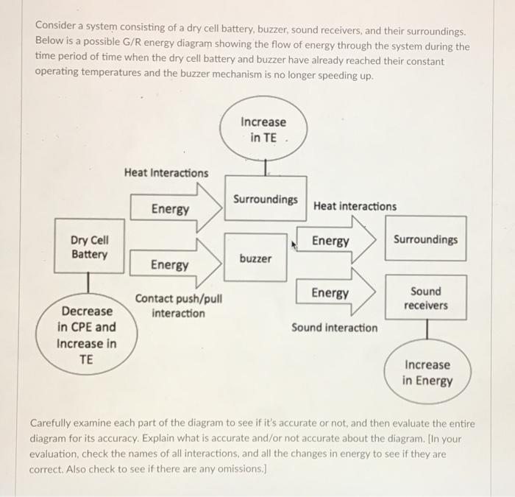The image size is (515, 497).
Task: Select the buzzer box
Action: click(x=255, y=258)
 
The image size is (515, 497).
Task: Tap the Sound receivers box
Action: click(x=426, y=298)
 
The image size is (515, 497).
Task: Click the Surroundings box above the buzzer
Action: click(x=266, y=199)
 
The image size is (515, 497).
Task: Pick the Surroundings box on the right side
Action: click(x=425, y=239)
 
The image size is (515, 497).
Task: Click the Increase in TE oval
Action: click(x=263, y=130)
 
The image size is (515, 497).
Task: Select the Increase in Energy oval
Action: click(x=427, y=373)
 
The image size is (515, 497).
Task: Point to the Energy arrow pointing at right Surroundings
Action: click(x=335, y=242)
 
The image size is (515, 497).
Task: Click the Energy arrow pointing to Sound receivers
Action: click(x=335, y=293)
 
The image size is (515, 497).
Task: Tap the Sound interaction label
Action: click(x=335, y=328)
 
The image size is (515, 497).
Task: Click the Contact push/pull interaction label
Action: click(x=178, y=306)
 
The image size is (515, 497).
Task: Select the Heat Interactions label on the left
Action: click(x=166, y=173)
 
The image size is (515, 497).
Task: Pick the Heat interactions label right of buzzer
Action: click(x=355, y=207)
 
